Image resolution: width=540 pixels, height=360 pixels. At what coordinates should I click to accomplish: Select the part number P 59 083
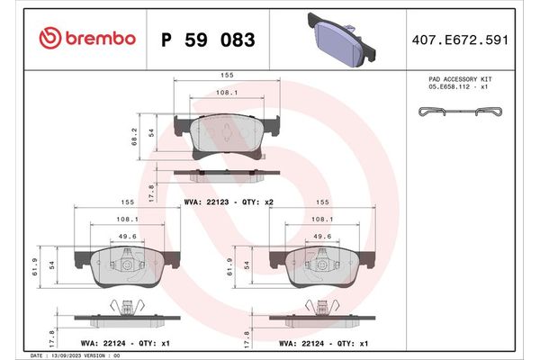tap(207, 40)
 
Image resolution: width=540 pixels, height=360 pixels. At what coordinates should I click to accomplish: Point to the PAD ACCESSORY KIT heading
tap(460, 80)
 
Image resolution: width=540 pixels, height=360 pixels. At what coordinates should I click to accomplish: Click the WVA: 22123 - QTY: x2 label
tap(228, 203)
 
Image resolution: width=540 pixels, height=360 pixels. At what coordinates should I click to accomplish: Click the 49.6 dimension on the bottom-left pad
tap(126, 238)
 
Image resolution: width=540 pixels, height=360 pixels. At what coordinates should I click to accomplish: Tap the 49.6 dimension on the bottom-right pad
tap(320, 238)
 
